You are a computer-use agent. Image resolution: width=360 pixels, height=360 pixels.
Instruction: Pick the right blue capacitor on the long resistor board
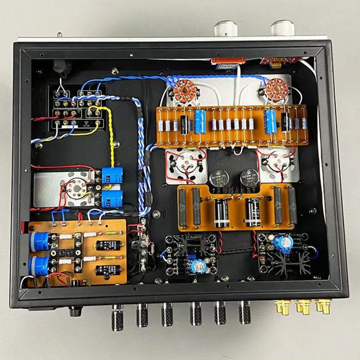(271, 119)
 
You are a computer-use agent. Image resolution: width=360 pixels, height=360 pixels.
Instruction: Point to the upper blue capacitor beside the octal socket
(110, 175)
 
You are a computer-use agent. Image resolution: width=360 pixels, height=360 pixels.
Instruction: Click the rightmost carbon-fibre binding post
(245, 313)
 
